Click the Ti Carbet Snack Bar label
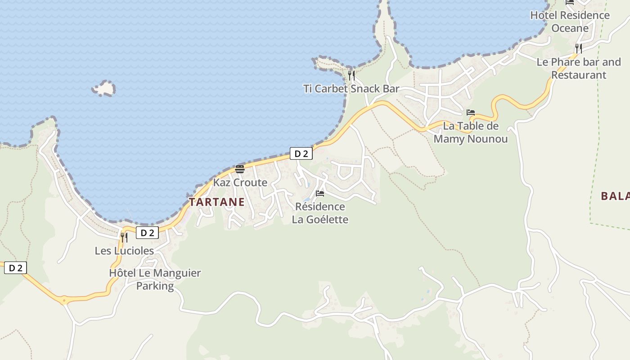[x=351, y=89]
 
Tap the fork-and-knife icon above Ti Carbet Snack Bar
[x=351, y=75]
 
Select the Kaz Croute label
[x=240, y=183]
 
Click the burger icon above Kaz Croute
[x=239, y=169]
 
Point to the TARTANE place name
[x=217, y=202]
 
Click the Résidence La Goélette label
[x=320, y=213]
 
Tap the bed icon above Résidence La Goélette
[x=320, y=193]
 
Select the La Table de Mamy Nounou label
[x=470, y=132]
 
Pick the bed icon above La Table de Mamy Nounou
[x=471, y=112]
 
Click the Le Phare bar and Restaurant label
[x=579, y=68]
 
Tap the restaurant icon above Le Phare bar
[x=579, y=48]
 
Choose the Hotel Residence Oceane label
[x=570, y=22]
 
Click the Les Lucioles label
[x=124, y=251]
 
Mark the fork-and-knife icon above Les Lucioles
[x=124, y=237]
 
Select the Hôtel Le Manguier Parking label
[x=155, y=279]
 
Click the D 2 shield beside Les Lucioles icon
[x=147, y=233]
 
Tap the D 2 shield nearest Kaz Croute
[x=301, y=153]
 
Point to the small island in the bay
[x=104, y=88]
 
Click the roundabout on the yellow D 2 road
[x=64, y=300]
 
